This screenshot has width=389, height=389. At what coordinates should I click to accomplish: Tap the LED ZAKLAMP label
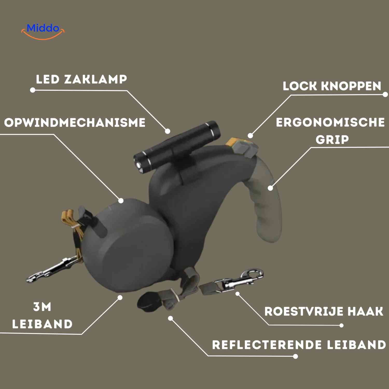pyautogui.click(x=81, y=79)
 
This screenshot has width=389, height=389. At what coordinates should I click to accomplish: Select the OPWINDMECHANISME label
pyautogui.click(x=75, y=123)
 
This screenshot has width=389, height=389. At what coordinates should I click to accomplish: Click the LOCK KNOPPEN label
pyautogui.click(x=332, y=86)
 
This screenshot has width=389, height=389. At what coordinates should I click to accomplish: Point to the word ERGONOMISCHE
pyautogui.click(x=330, y=122)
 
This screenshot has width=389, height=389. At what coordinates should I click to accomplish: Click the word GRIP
pyautogui.click(x=332, y=140)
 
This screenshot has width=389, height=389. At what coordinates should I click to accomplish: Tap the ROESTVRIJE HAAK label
pyautogui.click(x=324, y=311)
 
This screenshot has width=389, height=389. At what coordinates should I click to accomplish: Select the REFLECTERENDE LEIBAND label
pyautogui.click(x=299, y=345)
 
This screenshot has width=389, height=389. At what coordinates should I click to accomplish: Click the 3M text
pyautogui.click(x=42, y=307)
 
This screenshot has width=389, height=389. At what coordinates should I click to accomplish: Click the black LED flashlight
pyautogui.click(x=179, y=145)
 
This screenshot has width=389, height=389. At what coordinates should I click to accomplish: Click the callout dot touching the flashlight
pyautogui.click(x=168, y=131)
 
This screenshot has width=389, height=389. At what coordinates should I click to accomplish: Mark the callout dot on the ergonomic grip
pyautogui.click(x=270, y=188)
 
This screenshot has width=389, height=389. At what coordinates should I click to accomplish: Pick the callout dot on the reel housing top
pyautogui.click(x=121, y=200)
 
